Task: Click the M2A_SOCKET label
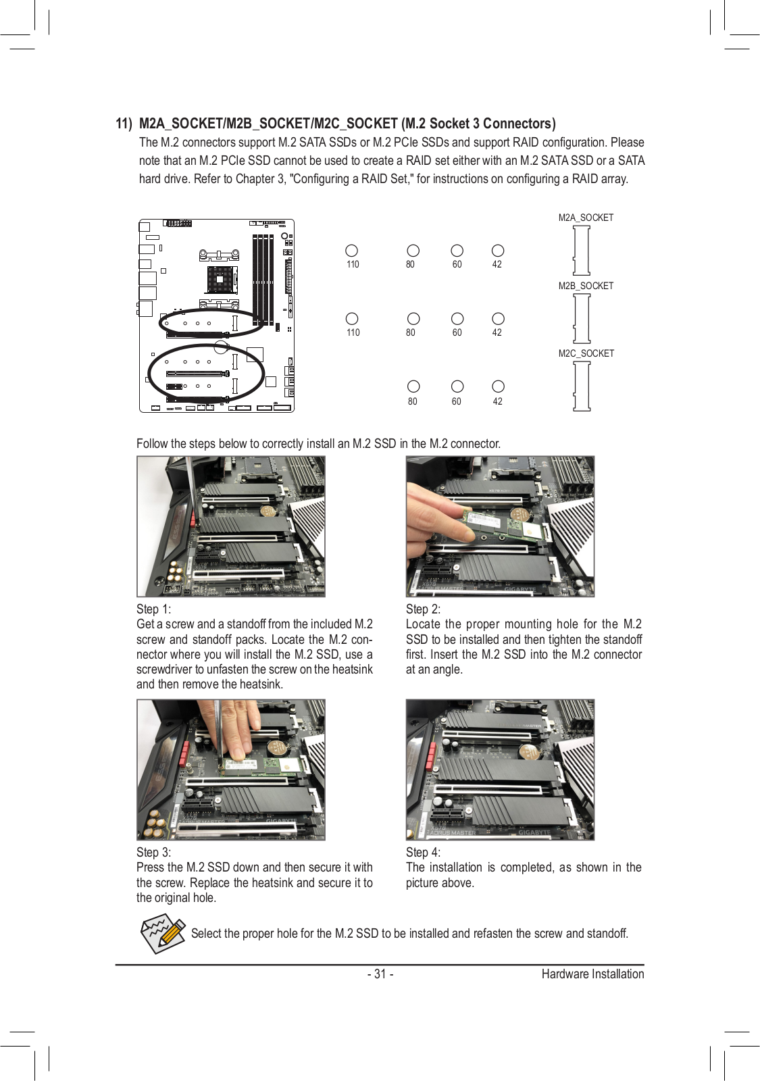pos(586,218)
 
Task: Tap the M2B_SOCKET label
pos(586,286)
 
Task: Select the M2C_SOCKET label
pos(586,353)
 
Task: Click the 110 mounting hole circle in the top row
pos(351,251)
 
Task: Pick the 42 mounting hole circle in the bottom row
pos(498,386)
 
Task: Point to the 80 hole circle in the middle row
pos(413,319)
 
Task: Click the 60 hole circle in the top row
pos(457,251)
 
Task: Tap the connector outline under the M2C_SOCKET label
pos(582,386)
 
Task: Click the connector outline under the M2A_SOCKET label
pos(582,251)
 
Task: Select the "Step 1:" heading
pos(153,609)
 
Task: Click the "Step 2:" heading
pos(423,609)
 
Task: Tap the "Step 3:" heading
pos(153,852)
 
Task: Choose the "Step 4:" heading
pos(423,852)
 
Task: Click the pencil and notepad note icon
pos(162,934)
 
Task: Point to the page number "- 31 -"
pos(380,974)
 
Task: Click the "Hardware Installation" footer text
pos(592,974)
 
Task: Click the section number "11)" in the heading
pos(124,124)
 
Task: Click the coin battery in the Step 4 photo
pos(529,751)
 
